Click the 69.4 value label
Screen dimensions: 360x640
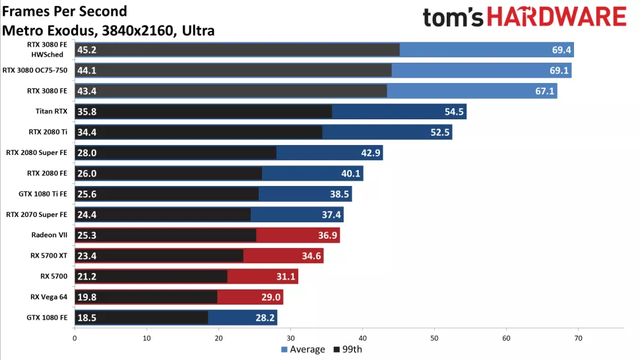tap(561, 50)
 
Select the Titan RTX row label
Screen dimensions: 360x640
tap(51, 111)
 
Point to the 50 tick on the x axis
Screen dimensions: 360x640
tap(434, 338)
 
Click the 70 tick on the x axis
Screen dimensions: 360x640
tap(578, 338)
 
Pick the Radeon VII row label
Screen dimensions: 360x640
tap(51, 235)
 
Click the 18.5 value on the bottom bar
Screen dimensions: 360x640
tap(87, 317)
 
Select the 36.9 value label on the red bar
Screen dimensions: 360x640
tap(327, 235)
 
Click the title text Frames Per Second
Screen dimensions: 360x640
tap(65, 12)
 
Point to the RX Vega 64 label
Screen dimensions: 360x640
tap(49, 297)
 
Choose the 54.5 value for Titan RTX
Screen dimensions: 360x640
tap(454, 111)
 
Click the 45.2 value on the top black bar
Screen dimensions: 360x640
tap(87, 50)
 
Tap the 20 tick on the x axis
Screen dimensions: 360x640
tap(218, 338)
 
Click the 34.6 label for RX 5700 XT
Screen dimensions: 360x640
tap(311, 256)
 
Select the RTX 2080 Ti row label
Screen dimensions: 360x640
tap(48, 132)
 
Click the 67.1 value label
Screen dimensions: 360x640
tap(544, 91)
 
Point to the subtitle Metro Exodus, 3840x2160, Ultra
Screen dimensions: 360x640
tap(109, 30)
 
